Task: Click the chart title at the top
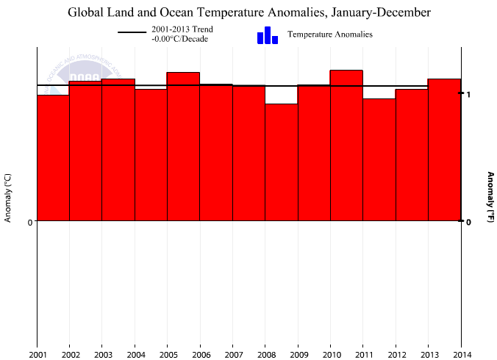pyautogui.click(x=249, y=12)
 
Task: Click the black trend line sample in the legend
pyautogui.click(x=132, y=34)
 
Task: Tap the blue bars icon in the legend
pyautogui.click(x=268, y=35)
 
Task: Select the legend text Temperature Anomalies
pyautogui.click(x=329, y=35)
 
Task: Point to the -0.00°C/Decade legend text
pyautogui.click(x=179, y=39)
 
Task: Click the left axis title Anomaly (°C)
pyautogui.click(x=7, y=198)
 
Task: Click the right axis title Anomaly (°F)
pyautogui.click(x=490, y=197)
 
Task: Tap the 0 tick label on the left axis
pyautogui.click(x=30, y=222)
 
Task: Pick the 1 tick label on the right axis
pyautogui.click(x=468, y=95)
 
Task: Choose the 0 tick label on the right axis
pyautogui.click(x=468, y=222)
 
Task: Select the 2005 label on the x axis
pyautogui.click(x=167, y=354)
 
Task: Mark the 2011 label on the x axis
pyautogui.click(x=362, y=354)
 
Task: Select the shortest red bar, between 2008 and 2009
pyautogui.click(x=281, y=162)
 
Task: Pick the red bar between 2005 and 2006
pyautogui.click(x=183, y=146)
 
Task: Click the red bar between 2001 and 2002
pyautogui.click(x=53, y=158)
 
